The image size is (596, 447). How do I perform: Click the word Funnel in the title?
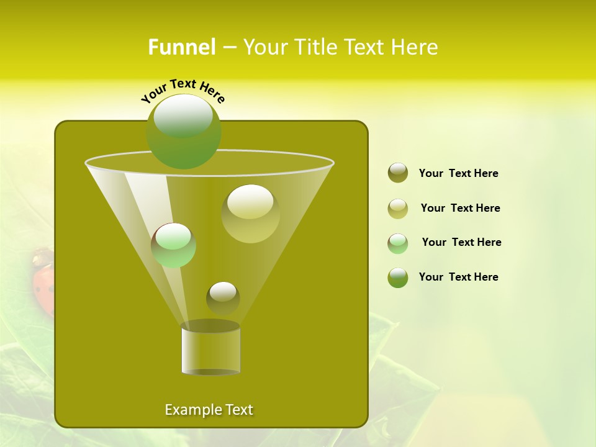click(181, 47)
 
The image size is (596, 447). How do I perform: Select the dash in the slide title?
click(228, 47)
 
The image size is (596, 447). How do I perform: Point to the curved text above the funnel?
click(183, 91)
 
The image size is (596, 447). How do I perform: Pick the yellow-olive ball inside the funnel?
click(250, 213)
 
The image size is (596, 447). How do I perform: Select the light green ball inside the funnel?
click(174, 245)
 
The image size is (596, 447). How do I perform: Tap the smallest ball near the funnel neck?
click(223, 297)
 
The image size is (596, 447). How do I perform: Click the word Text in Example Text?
click(238, 410)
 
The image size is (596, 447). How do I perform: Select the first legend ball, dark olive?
click(398, 173)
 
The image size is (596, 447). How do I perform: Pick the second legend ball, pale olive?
click(398, 208)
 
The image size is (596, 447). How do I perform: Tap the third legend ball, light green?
click(398, 243)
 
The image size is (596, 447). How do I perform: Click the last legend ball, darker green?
click(398, 278)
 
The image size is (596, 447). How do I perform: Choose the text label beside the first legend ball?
click(459, 174)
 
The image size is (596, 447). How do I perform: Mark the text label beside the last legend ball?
click(459, 277)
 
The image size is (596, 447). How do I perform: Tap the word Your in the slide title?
click(264, 47)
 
